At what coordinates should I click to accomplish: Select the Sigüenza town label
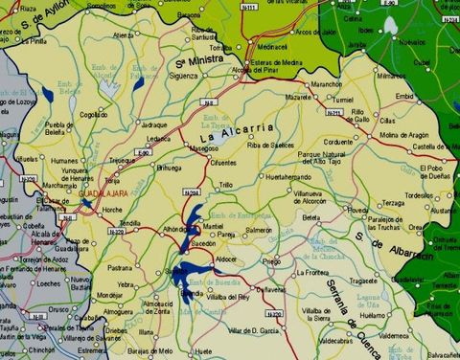tap(184, 75)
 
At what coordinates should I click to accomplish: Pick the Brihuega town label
tap(169, 168)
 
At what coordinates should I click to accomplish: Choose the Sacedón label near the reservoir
tap(205, 244)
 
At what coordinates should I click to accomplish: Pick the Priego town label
tap(270, 260)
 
